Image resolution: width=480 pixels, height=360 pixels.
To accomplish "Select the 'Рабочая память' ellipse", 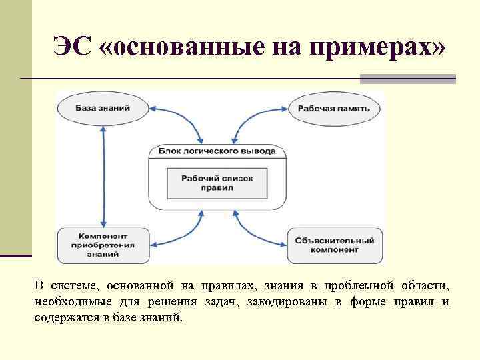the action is [333, 108].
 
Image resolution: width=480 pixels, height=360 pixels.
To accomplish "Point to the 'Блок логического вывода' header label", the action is [217, 151].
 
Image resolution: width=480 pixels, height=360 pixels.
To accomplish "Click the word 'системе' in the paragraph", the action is [72, 286].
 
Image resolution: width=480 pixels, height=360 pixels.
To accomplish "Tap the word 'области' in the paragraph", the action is [425, 286].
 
